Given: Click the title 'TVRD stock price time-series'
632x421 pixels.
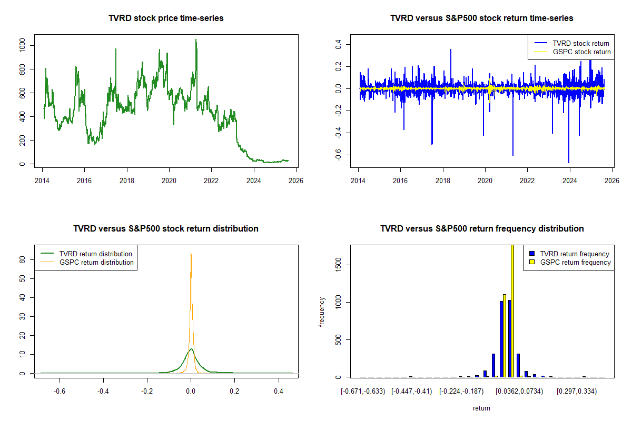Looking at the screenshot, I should (166, 18).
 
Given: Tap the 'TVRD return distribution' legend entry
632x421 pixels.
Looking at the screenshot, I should (95, 254).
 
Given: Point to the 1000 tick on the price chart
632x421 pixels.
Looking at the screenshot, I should (22, 46).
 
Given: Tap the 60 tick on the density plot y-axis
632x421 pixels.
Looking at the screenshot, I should (23, 259).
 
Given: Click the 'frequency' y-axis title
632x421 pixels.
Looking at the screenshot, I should (322, 312).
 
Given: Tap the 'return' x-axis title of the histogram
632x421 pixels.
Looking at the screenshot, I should (481, 408).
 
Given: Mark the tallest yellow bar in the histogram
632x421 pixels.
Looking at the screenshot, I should (512, 310).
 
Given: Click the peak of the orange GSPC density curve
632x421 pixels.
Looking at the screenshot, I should (191, 253).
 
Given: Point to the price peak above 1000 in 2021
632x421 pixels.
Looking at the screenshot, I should (196, 39).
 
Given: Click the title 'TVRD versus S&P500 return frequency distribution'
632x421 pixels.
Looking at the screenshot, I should (482, 229).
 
